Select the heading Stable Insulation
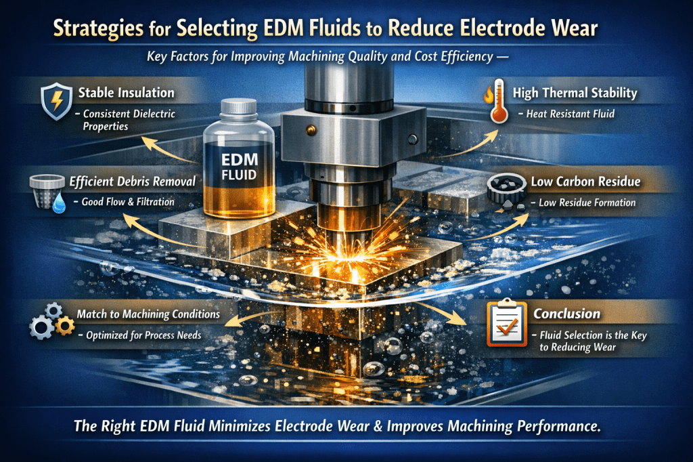[x=127, y=93]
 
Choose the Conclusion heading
[x=566, y=314]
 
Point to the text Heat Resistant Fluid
[x=570, y=114]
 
